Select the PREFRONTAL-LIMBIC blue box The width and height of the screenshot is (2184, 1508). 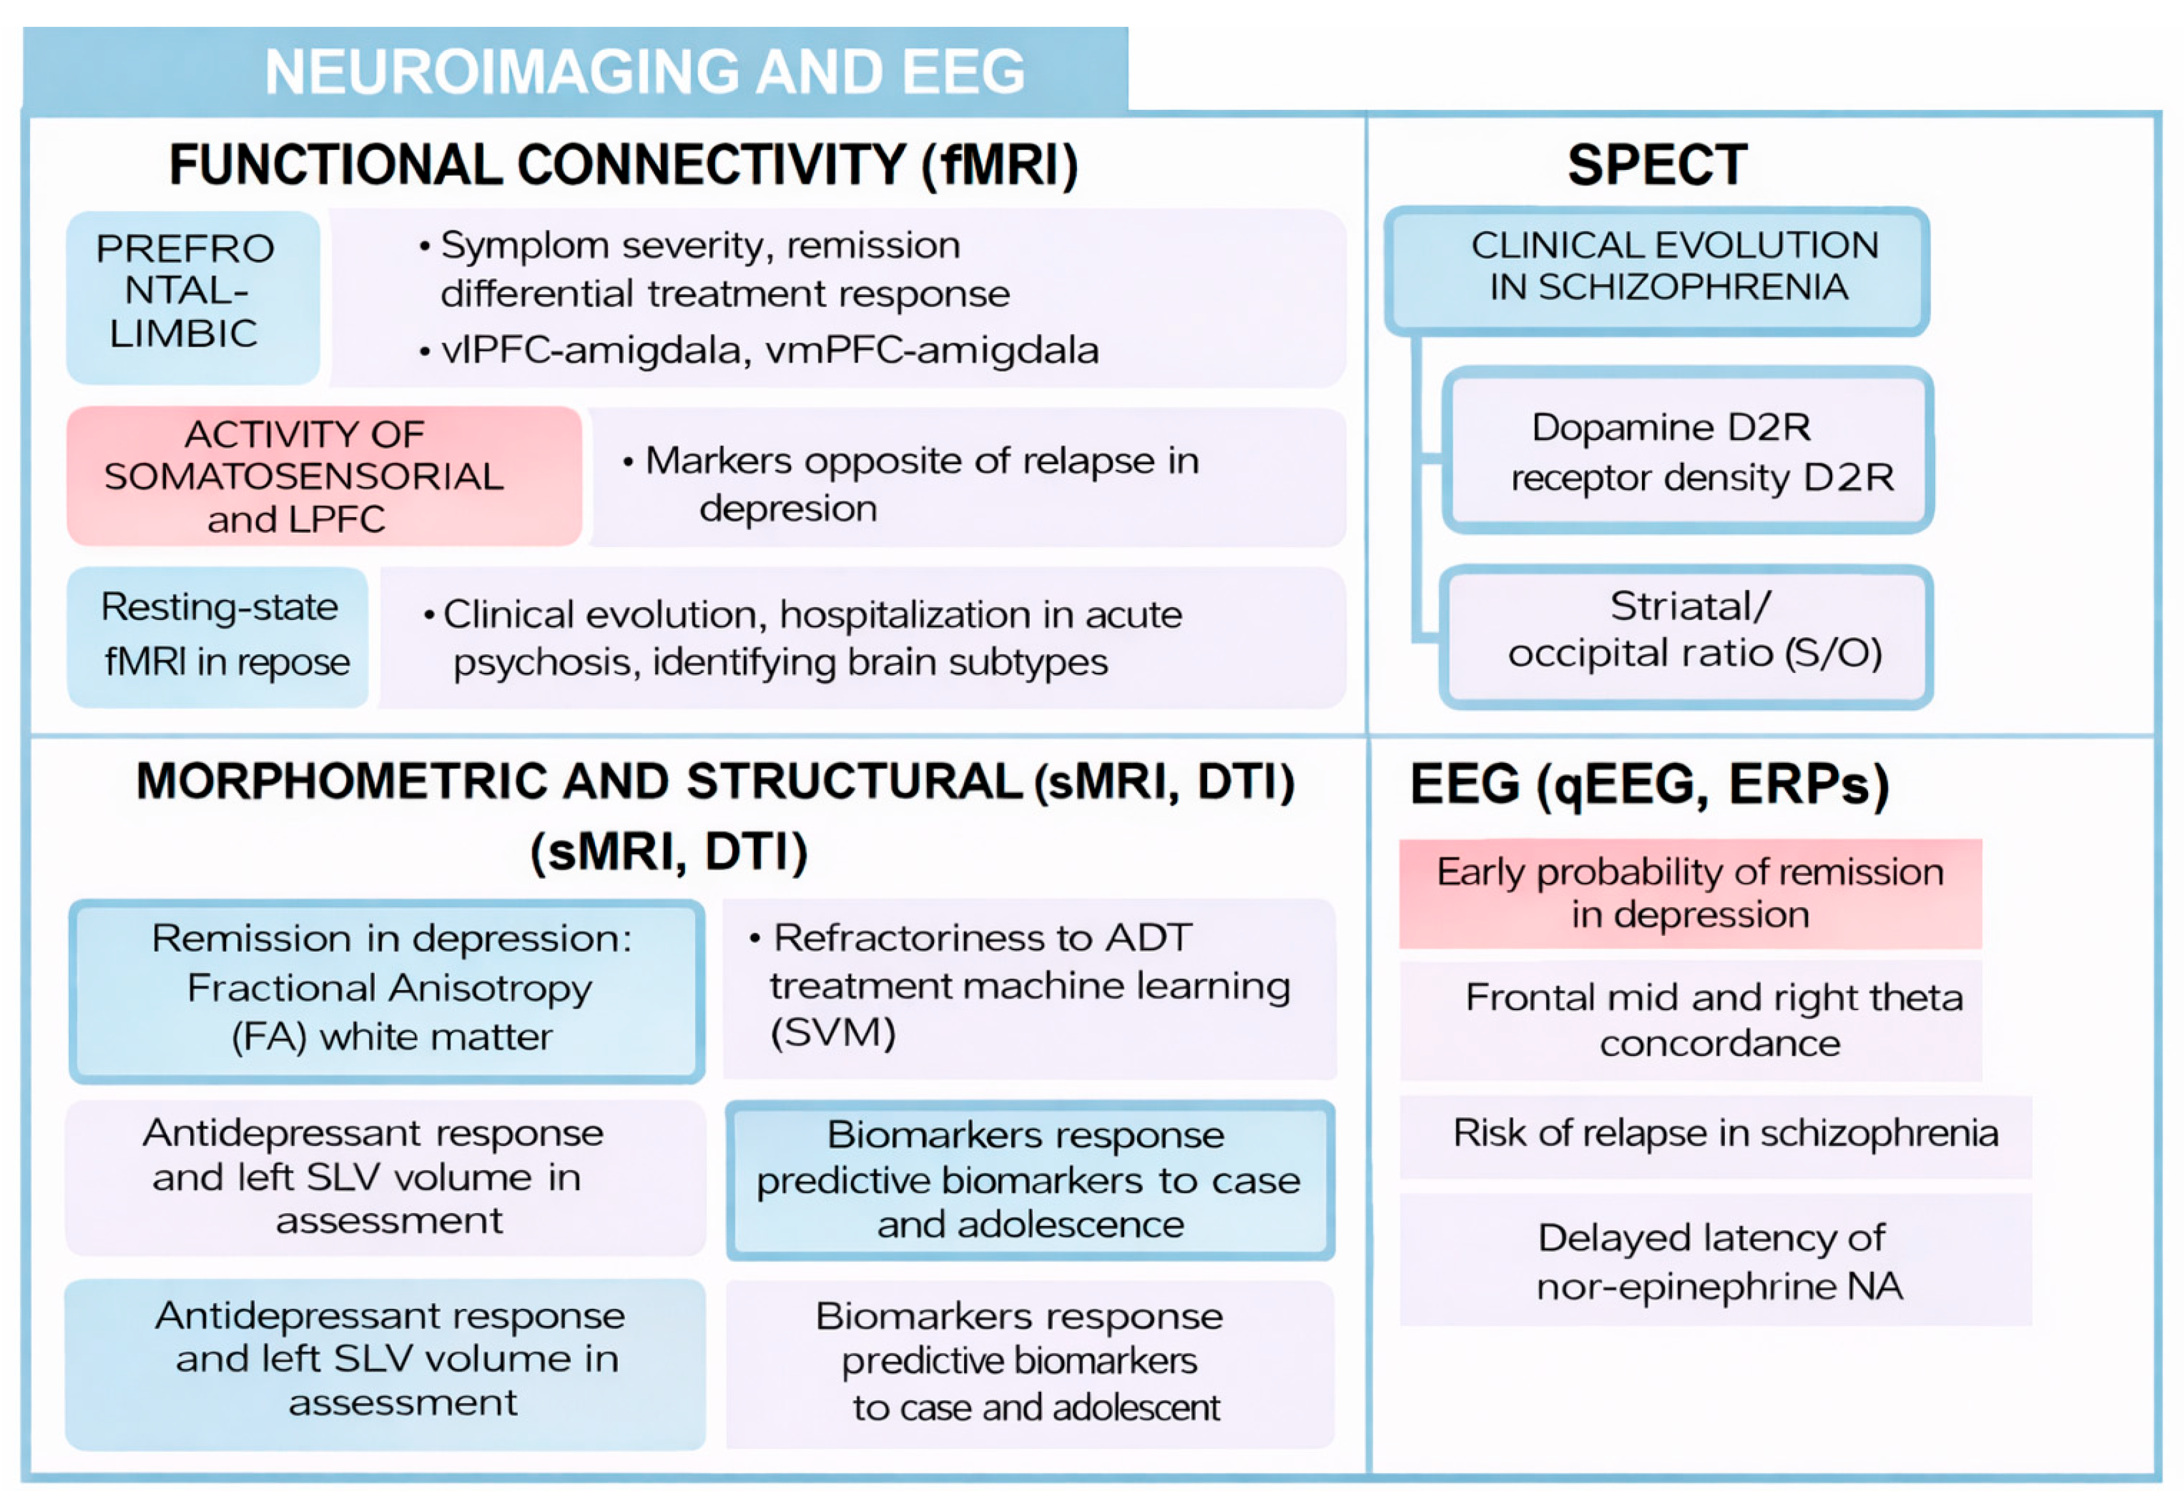pyautogui.click(x=192, y=295)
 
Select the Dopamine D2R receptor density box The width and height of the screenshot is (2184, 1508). pyautogui.click(x=1687, y=451)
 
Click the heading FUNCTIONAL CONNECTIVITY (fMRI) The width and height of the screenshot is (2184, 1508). pyautogui.click(x=624, y=165)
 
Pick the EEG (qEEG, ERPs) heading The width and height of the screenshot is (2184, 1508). pyautogui.click(x=1648, y=784)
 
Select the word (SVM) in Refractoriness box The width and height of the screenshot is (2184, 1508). pyautogui.click(x=833, y=1033)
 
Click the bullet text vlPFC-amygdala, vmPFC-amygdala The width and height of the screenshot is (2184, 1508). pyautogui.click(x=770, y=351)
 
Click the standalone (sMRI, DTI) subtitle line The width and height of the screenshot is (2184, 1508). pyautogui.click(x=669, y=852)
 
